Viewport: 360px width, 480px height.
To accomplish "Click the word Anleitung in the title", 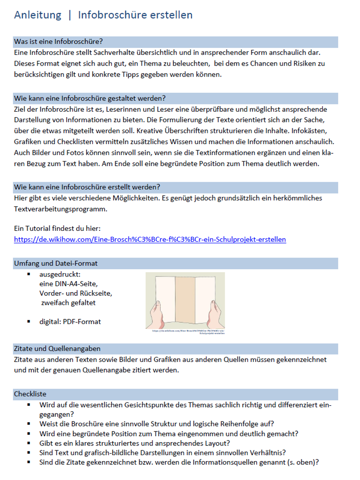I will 37,15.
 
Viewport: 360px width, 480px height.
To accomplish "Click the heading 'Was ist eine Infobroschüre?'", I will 59,42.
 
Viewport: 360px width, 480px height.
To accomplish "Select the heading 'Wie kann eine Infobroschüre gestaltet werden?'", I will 90,98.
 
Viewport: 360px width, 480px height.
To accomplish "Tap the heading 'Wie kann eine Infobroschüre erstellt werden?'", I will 87,187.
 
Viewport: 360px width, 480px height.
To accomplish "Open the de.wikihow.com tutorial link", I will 150,240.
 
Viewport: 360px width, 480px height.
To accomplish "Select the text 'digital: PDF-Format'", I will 70,322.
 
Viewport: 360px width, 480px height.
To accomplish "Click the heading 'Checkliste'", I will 30,394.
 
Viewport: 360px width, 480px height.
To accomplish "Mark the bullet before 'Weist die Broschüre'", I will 29,423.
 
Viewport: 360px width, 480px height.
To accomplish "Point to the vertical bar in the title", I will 70,15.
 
